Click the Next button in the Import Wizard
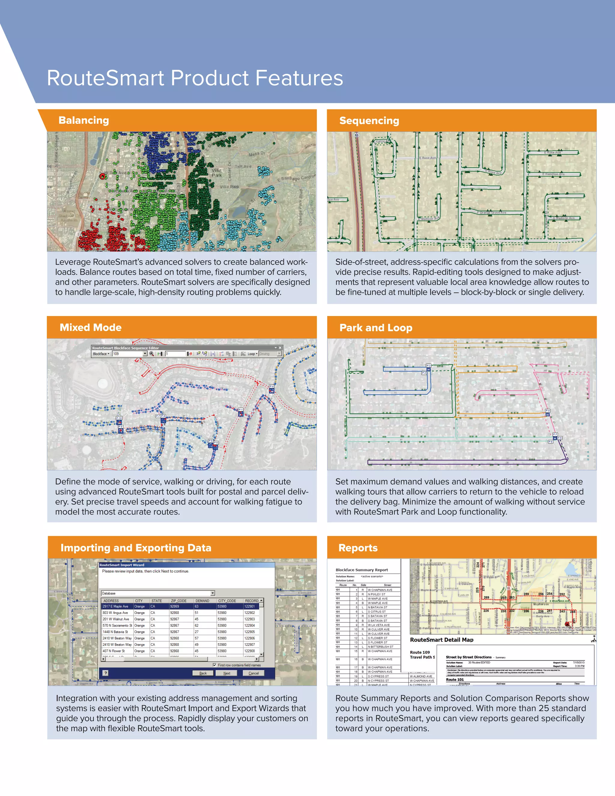click(x=227, y=673)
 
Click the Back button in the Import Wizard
click(x=203, y=673)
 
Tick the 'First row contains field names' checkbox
click(x=215, y=665)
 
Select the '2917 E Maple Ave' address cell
click(x=116, y=606)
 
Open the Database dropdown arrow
click(x=213, y=593)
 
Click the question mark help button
click(x=106, y=673)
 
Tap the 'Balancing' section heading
click(x=84, y=120)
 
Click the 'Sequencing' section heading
click(x=369, y=121)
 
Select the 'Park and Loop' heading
click(x=376, y=328)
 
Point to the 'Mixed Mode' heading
click(x=90, y=327)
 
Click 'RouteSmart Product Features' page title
click(x=195, y=78)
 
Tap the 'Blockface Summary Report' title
click(x=362, y=570)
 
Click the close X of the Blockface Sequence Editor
click(x=280, y=348)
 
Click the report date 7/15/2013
click(x=579, y=662)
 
